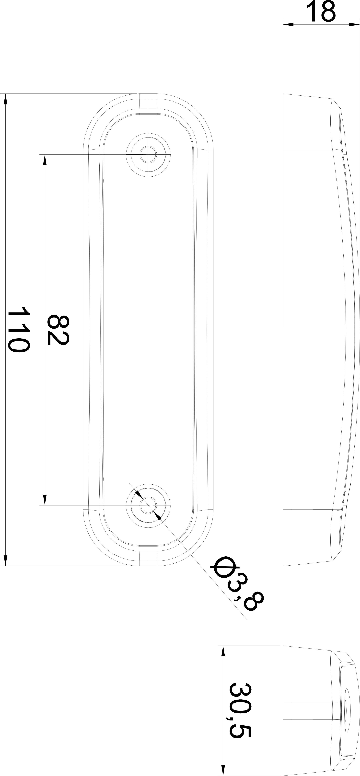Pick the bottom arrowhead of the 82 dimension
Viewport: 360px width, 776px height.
[x=45, y=500]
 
